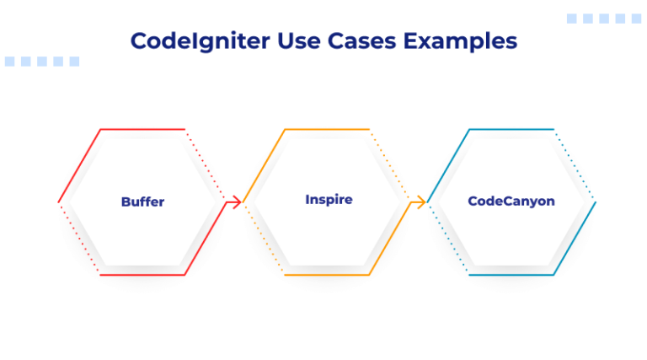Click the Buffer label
click(142, 201)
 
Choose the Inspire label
click(329, 200)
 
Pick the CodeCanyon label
click(511, 201)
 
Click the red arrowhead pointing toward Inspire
click(237, 201)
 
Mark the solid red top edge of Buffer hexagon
click(142, 129)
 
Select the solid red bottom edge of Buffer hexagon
click(142, 275)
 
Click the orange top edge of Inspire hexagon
click(327, 129)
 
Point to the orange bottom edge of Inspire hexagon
click(327, 275)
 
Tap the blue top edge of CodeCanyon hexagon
click(511, 129)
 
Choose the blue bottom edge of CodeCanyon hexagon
click(511, 275)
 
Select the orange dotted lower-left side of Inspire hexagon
click(264, 239)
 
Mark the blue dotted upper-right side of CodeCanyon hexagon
click(575, 164)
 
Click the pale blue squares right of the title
click(604, 19)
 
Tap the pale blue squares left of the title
click(42, 62)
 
